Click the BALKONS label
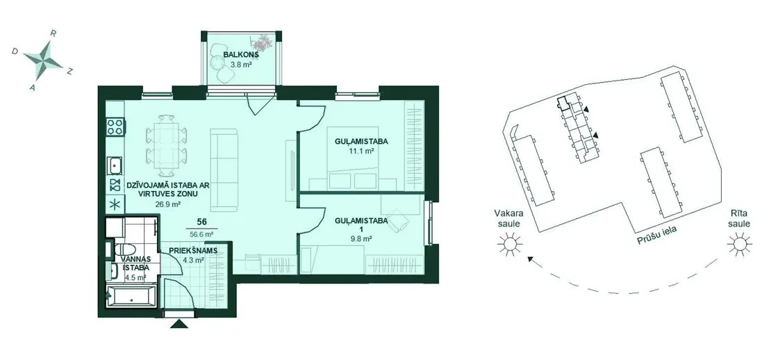[x=241, y=55]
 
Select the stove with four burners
[x=115, y=127]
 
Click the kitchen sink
[x=115, y=165]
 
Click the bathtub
[x=131, y=295]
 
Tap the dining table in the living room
[x=166, y=145]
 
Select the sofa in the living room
[x=224, y=170]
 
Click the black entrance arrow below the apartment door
[x=179, y=323]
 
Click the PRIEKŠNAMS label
[x=193, y=250]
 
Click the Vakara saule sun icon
[x=508, y=244]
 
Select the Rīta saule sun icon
[x=739, y=244]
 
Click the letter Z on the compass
[x=70, y=72]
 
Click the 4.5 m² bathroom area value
[x=135, y=277]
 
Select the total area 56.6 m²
[x=201, y=234]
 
